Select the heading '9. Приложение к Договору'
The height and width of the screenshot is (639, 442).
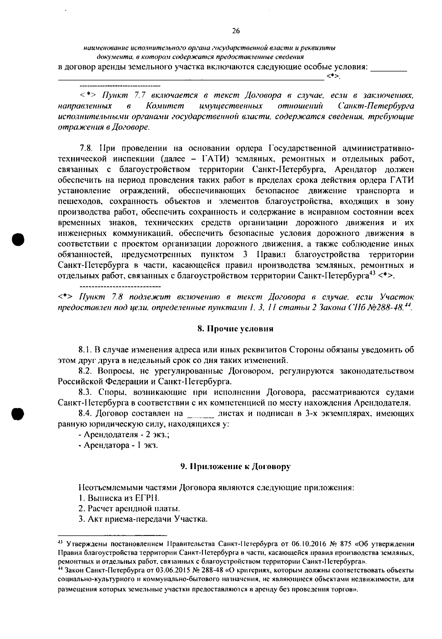pos(235,467)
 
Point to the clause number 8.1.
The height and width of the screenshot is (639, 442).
pos(84,349)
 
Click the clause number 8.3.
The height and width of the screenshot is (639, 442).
pos(85,392)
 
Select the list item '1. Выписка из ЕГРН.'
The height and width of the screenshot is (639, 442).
pos(119,498)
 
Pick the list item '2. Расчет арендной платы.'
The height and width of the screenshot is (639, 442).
pos(129,509)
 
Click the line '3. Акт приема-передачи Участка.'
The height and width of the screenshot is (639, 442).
pos(143,520)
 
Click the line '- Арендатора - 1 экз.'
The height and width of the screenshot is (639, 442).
pos(118,446)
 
